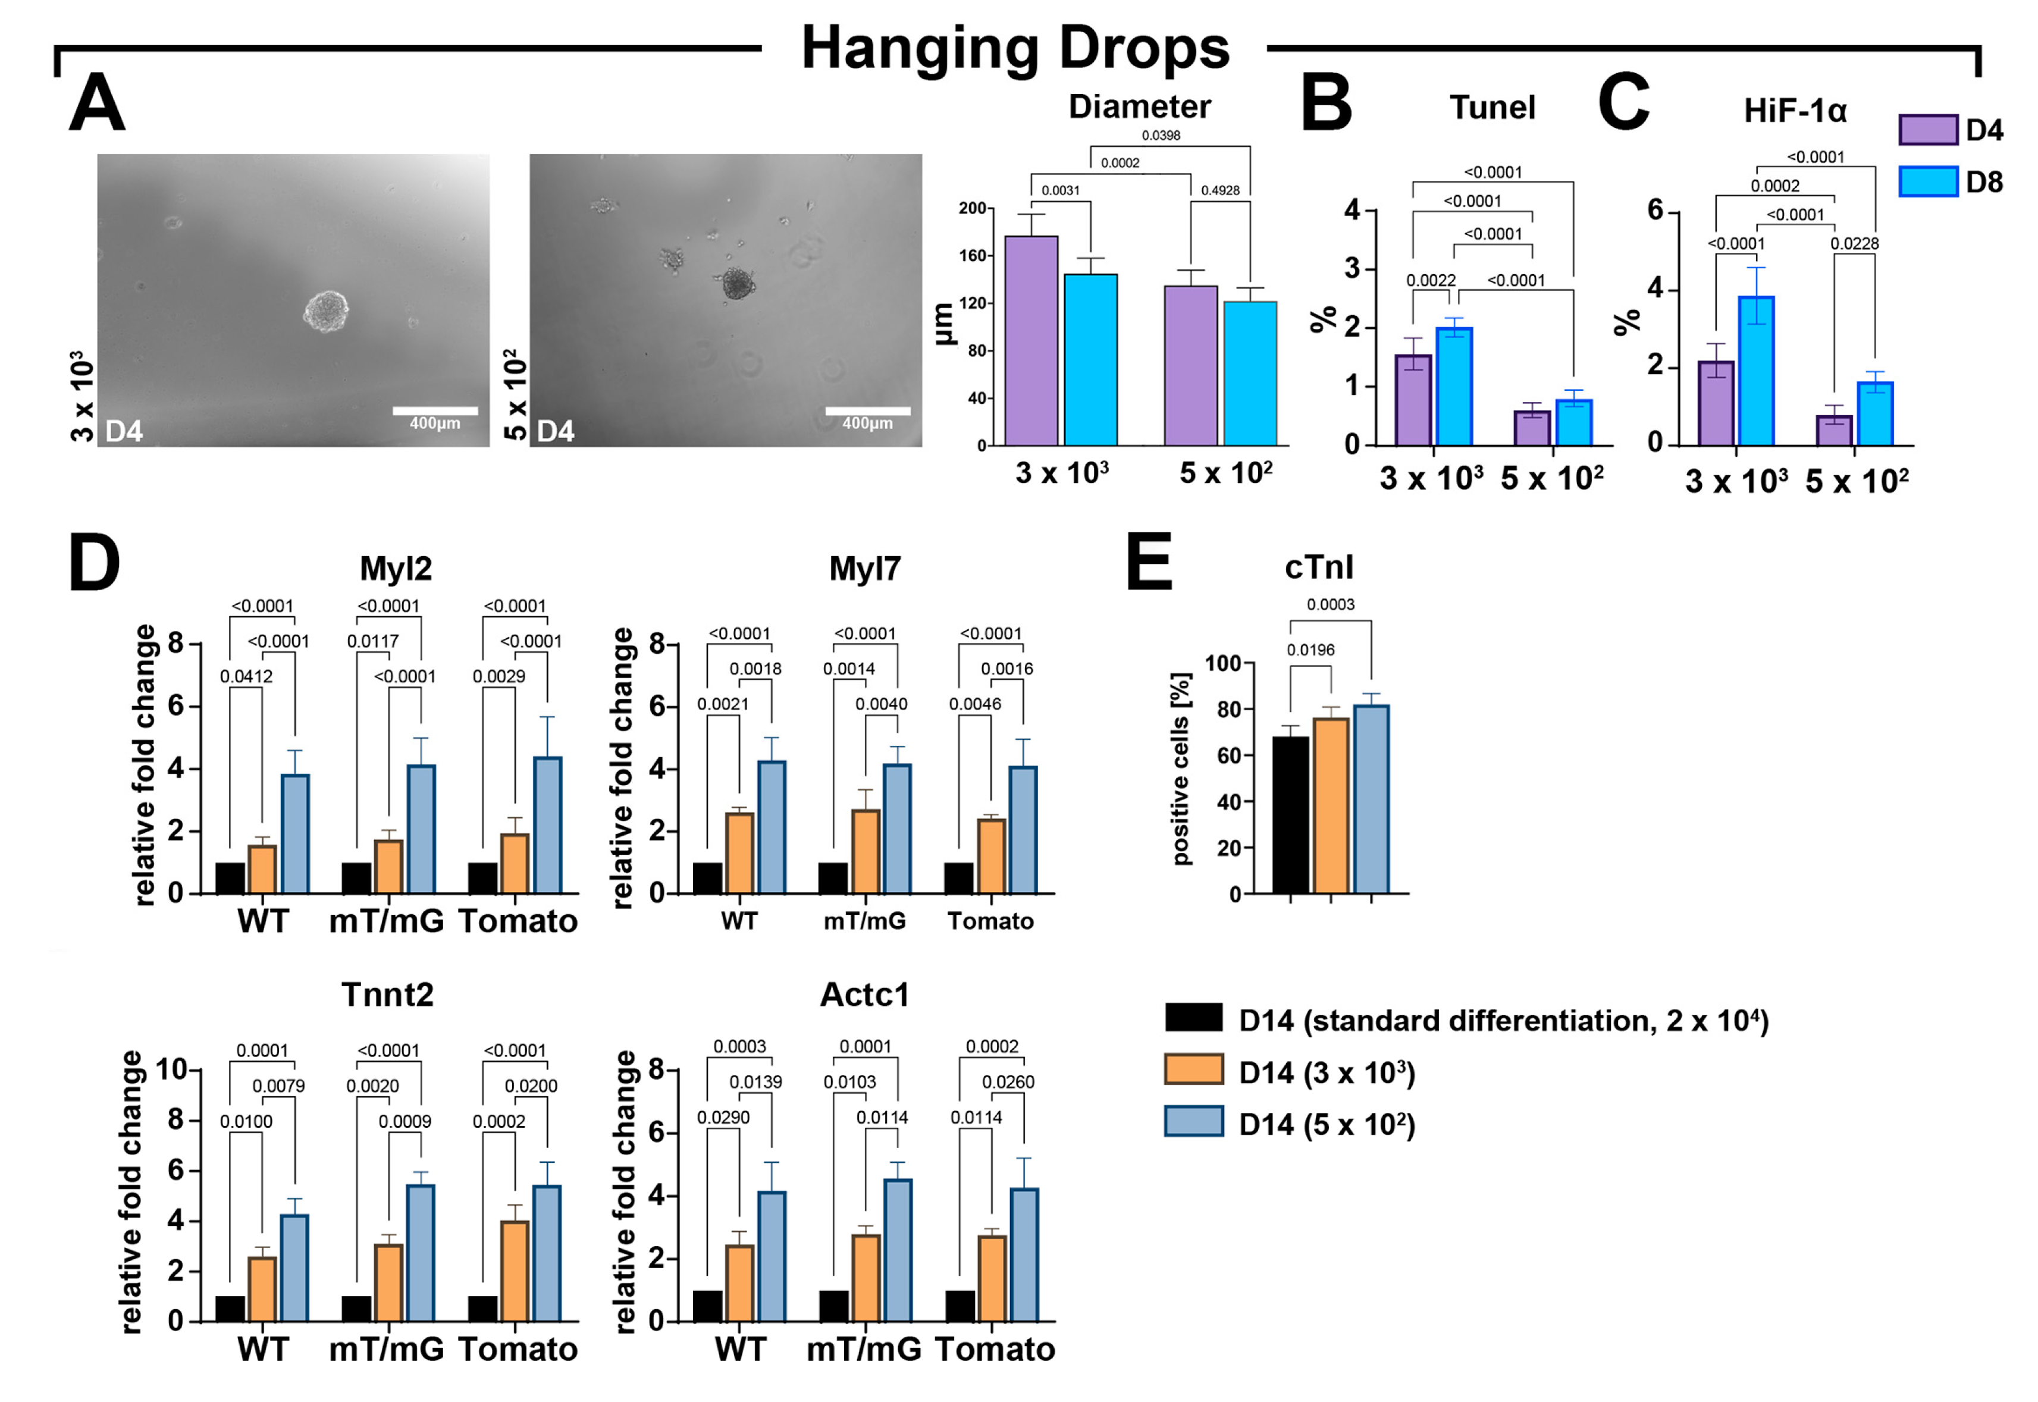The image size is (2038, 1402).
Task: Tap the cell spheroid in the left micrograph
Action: click(326, 311)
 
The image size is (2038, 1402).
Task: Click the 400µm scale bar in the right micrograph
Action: click(867, 411)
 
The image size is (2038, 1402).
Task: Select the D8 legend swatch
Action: click(1927, 182)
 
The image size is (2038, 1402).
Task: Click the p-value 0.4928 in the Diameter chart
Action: click(1220, 190)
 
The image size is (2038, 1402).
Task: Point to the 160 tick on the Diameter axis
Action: click(973, 256)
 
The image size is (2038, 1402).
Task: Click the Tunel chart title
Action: click(1491, 108)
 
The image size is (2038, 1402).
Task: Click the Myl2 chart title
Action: click(396, 569)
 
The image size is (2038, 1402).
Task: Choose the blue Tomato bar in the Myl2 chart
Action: click(547, 825)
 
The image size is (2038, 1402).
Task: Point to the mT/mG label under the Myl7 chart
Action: click(864, 921)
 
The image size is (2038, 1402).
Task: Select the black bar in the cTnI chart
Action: click(1290, 814)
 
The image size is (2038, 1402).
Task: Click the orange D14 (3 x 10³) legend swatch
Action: click(1193, 1070)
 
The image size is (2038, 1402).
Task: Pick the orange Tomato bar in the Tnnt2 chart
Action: click(514, 1270)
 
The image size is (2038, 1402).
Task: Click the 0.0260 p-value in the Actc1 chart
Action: click(1008, 1082)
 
